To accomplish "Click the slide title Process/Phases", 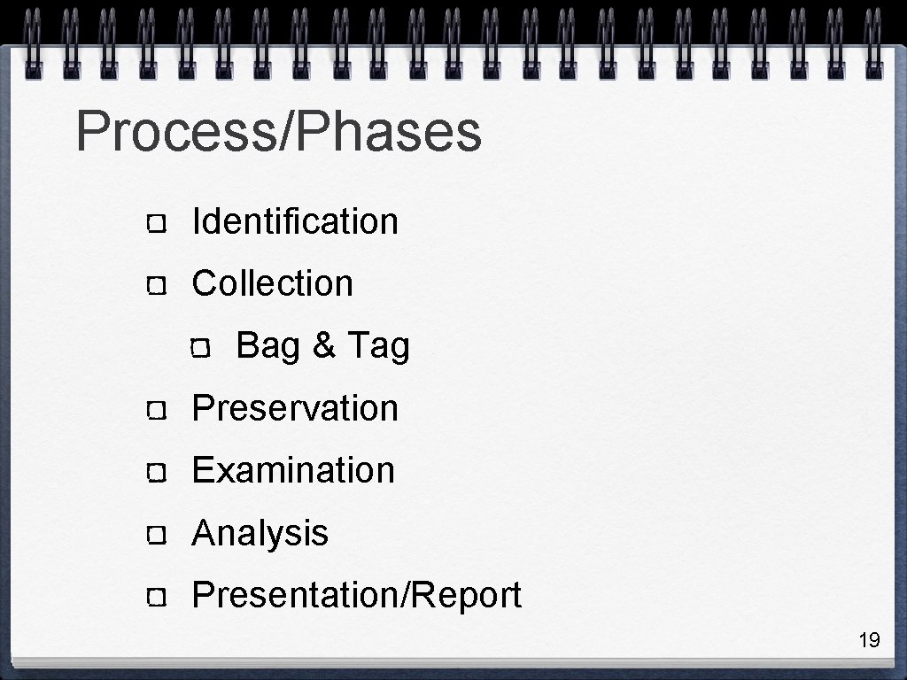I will pyautogui.click(x=278, y=132).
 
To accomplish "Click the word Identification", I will pyautogui.click(x=295, y=221).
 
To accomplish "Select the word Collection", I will pyautogui.click(x=272, y=283).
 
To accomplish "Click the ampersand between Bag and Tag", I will pyautogui.click(x=323, y=346).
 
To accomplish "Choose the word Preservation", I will pyautogui.click(x=295, y=408).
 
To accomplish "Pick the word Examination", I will pyautogui.click(x=293, y=470).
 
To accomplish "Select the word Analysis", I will pyautogui.click(x=260, y=533).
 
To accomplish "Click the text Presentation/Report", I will pyautogui.click(x=356, y=595).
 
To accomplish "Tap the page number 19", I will pyautogui.click(x=869, y=640).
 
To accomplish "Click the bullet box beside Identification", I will pyautogui.click(x=157, y=223).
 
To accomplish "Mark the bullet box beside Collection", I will pyautogui.click(x=157, y=286).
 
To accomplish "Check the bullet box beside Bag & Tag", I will pyautogui.click(x=200, y=348).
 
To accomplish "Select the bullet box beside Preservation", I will pyautogui.click(x=157, y=411).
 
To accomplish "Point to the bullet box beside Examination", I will pyautogui.click(x=157, y=473).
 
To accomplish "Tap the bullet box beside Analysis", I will pyautogui.click(x=157, y=535).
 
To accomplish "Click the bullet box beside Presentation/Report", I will pyautogui.click(x=157, y=598).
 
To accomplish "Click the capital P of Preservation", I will pyautogui.click(x=202, y=408).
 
